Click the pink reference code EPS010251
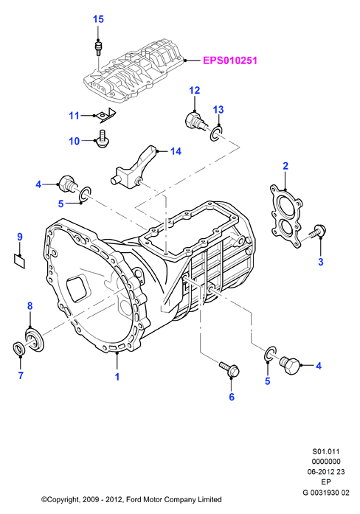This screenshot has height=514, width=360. (x=230, y=60)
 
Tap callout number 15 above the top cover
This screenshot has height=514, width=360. (x=98, y=19)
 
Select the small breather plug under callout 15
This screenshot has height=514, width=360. (x=97, y=47)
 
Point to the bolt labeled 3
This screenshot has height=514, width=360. (x=317, y=232)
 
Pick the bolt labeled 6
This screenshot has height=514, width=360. (x=229, y=369)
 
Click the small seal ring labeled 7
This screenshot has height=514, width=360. (x=18, y=348)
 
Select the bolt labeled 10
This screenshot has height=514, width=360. (x=102, y=139)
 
